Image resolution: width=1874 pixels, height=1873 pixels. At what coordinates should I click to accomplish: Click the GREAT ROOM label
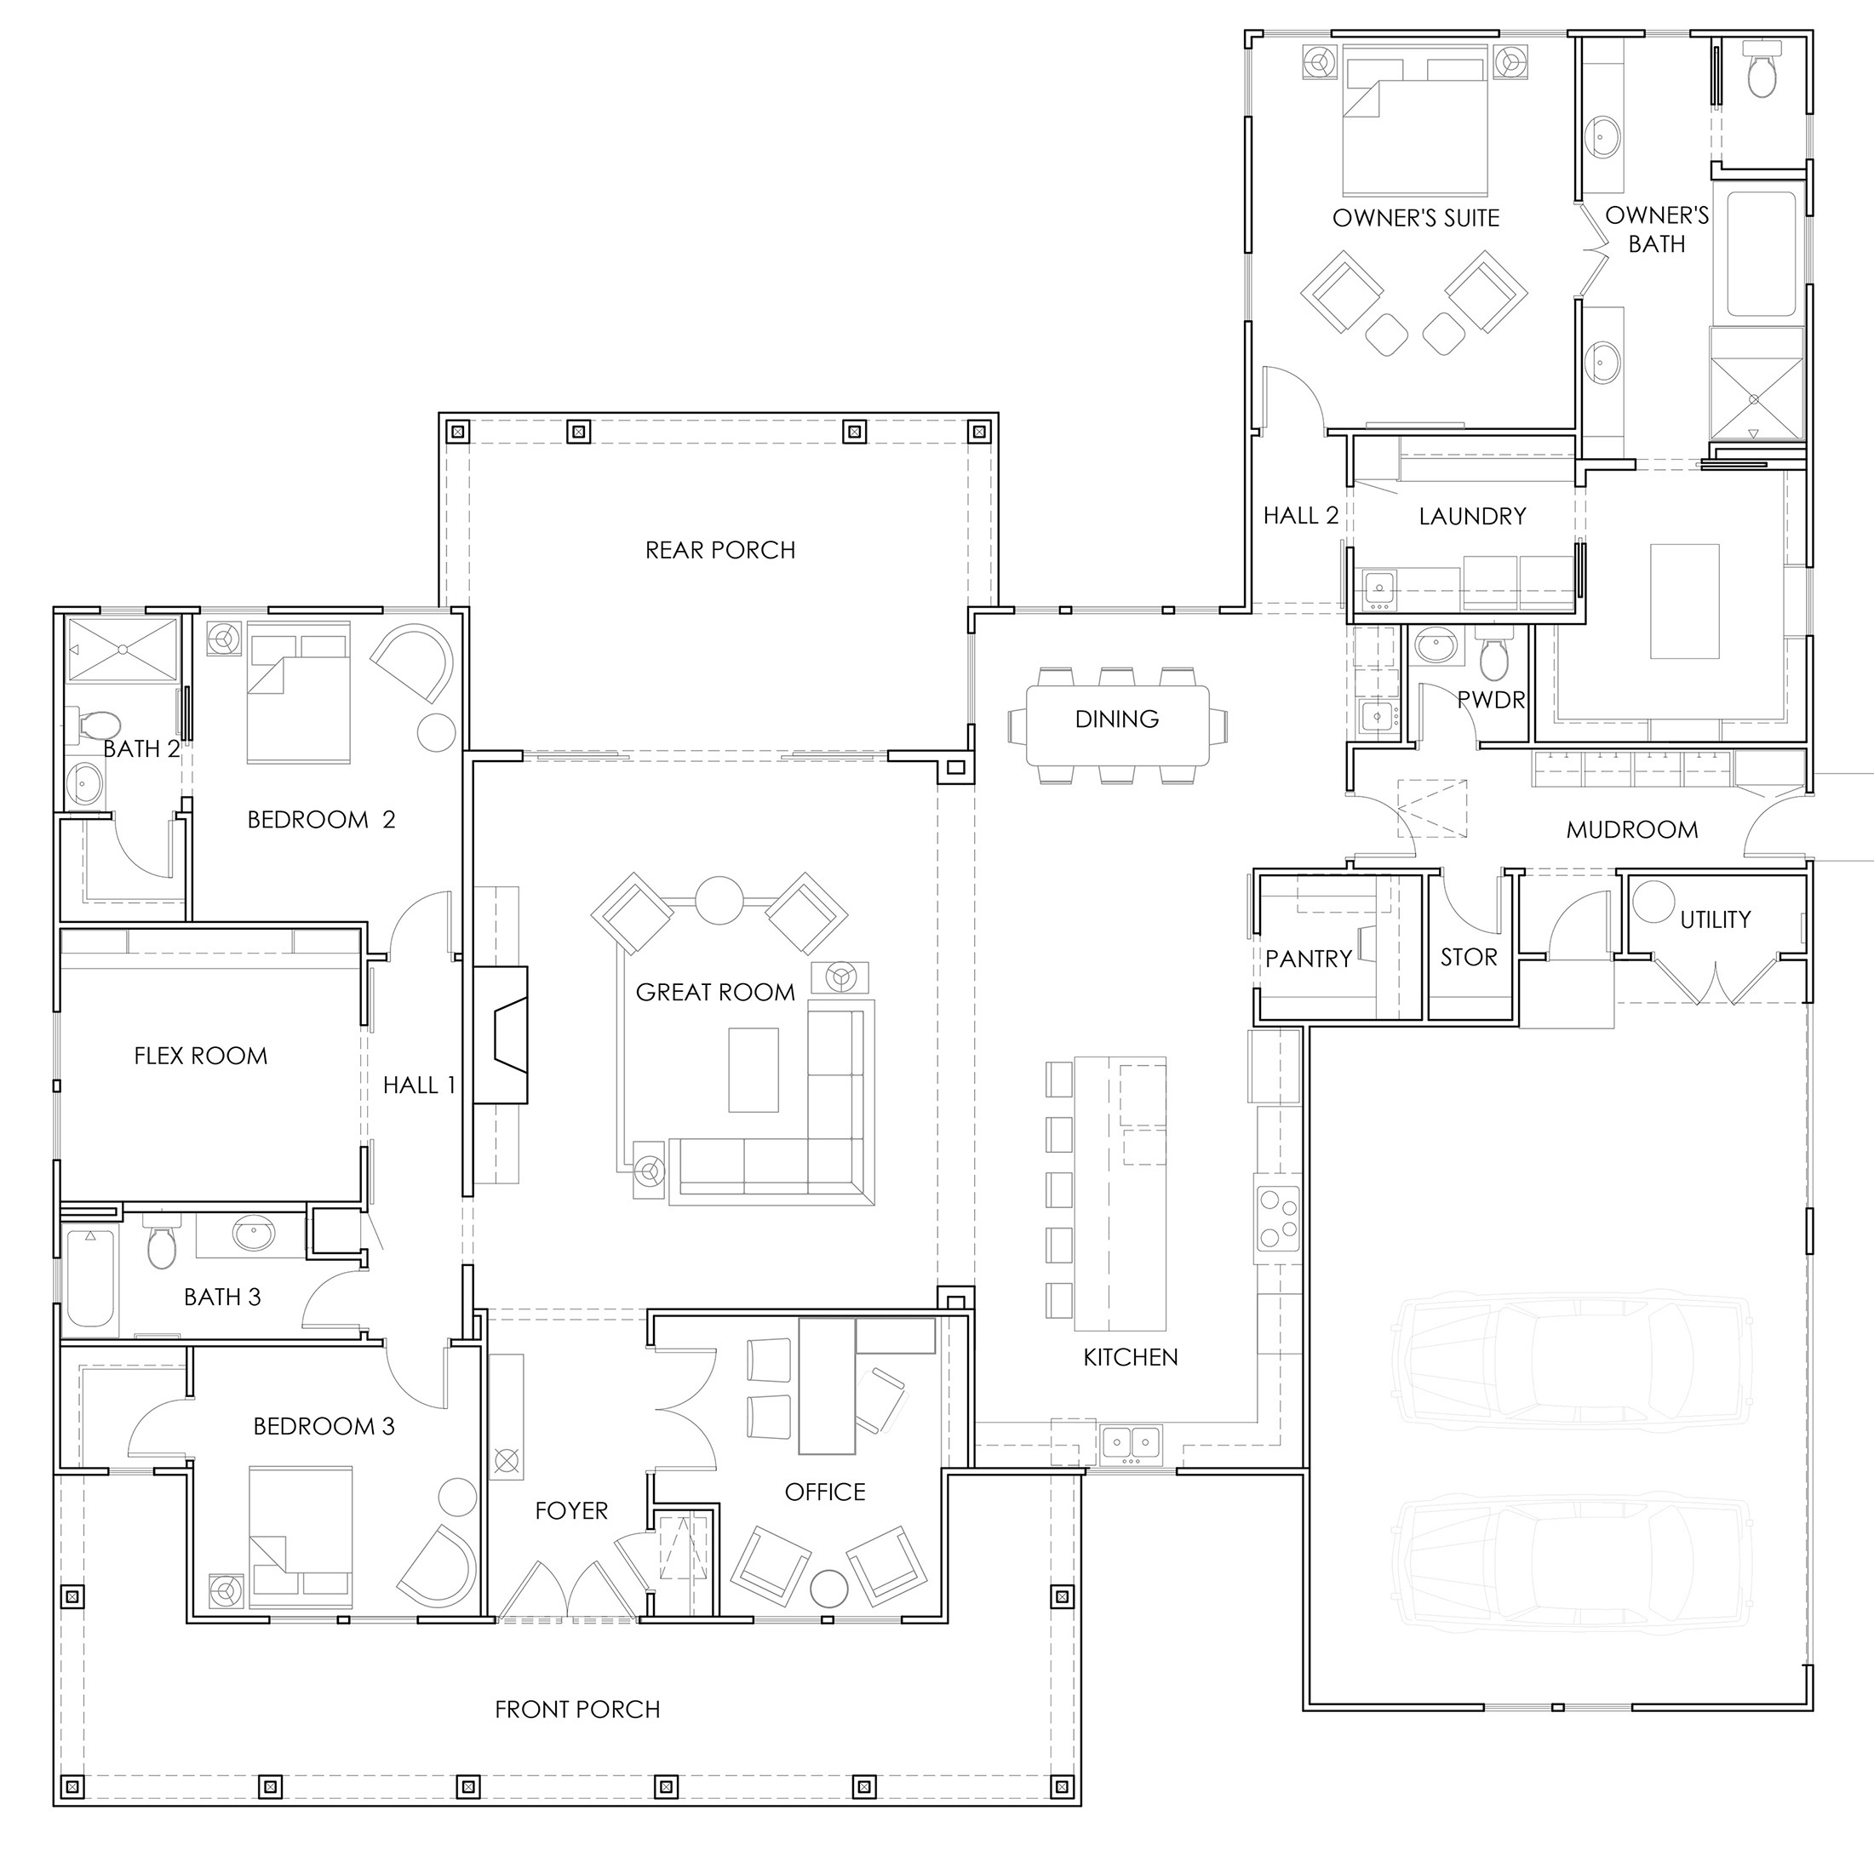pyautogui.click(x=715, y=993)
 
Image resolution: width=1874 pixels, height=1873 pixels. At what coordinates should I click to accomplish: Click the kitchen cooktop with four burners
pyautogui.click(x=1276, y=1218)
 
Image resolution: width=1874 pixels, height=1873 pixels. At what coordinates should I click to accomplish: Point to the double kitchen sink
pyautogui.click(x=1131, y=1442)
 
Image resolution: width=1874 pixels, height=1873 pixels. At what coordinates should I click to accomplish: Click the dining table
pyautogui.click(x=1116, y=725)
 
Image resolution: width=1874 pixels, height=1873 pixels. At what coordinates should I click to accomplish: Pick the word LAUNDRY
pyautogui.click(x=1471, y=516)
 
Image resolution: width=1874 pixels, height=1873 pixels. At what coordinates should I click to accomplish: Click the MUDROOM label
pyautogui.click(x=1631, y=829)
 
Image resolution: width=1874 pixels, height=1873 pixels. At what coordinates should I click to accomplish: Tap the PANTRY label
pyautogui.click(x=1308, y=959)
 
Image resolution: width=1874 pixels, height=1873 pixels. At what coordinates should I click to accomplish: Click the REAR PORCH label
pyautogui.click(x=719, y=550)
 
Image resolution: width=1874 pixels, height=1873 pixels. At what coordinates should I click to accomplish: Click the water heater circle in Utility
pyautogui.click(x=1652, y=901)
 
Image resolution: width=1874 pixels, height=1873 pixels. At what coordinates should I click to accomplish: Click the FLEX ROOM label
pyautogui.click(x=201, y=1056)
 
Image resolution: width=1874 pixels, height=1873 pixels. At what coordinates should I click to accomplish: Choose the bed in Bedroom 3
pyautogui.click(x=301, y=1532)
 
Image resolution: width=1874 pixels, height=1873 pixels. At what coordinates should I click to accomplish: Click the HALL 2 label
pyautogui.click(x=1300, y=516)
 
